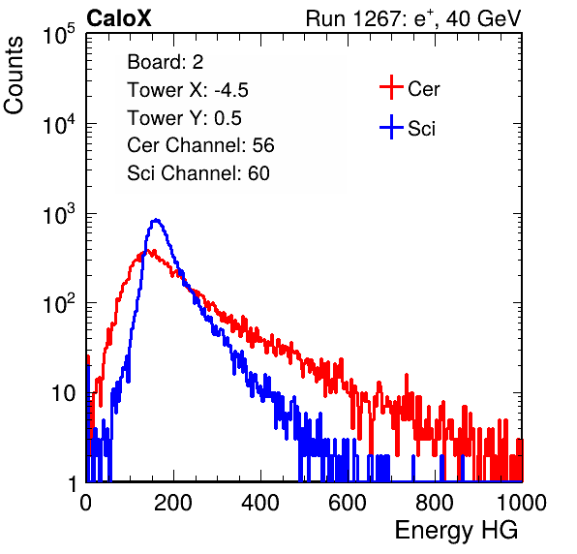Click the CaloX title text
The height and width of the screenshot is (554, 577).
tap(118, 18)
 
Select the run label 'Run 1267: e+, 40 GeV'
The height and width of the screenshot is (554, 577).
tap(413, 18)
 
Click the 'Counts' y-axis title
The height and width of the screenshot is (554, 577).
tap(14, 76)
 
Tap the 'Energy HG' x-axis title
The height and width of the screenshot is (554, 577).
tap(456, 531)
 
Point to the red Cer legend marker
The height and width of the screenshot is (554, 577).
tap(391, 87)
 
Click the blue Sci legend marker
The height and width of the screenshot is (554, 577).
tap(391, 127)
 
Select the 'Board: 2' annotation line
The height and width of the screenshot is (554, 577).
tap(165, 62)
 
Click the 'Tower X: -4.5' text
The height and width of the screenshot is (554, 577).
tap(188, 90)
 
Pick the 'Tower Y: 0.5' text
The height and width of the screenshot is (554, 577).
tap(184, 118)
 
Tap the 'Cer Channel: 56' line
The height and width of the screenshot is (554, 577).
tap(200, 145)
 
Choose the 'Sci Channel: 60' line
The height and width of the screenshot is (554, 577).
tap(198, 173)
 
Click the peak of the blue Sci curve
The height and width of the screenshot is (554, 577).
tap(156, 220)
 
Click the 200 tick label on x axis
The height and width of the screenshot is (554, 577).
tap(173, 503)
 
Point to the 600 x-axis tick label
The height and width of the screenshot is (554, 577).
tap(348, 503)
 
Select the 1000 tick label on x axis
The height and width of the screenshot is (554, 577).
tap(522, 503)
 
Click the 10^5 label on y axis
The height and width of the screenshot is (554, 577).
tap(59, 34)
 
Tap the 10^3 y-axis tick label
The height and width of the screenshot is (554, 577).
tap(59, 214)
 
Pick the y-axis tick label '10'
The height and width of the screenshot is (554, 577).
tap(63, 393)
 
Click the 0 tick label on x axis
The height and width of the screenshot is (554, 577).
tap(86, 503)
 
